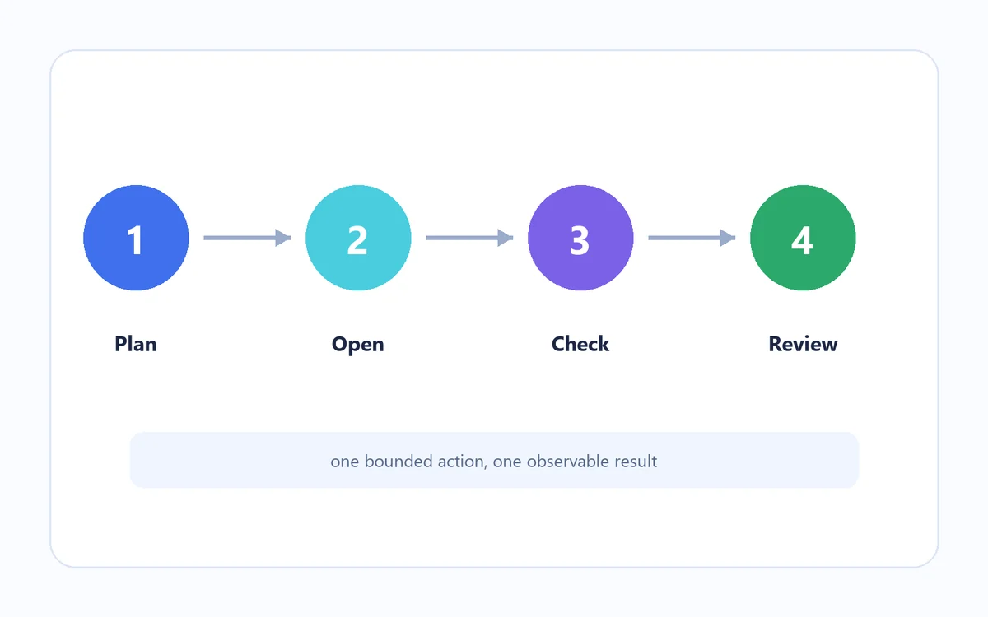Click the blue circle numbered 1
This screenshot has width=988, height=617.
(136, 238)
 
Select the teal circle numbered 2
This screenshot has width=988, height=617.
(358, 238)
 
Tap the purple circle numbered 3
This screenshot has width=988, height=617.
(580, 238)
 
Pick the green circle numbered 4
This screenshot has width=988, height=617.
(803, 238)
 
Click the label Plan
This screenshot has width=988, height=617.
(136, 344)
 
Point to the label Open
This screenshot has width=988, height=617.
(357, 345)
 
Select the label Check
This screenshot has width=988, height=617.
(580, 344)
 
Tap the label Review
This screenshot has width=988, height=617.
(803, 344)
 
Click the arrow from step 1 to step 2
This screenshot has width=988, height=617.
(247, 238)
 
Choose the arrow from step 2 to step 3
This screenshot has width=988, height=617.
(469, 238)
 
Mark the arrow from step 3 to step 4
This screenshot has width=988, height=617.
(692, 238)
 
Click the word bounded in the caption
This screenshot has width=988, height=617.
(398, 461)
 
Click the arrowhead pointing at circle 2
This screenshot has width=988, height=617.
(283, 238)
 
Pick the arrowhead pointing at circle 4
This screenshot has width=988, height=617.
(728, 238)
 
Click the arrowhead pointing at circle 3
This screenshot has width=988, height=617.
(506, 238)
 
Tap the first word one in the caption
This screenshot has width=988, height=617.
(345, 462)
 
